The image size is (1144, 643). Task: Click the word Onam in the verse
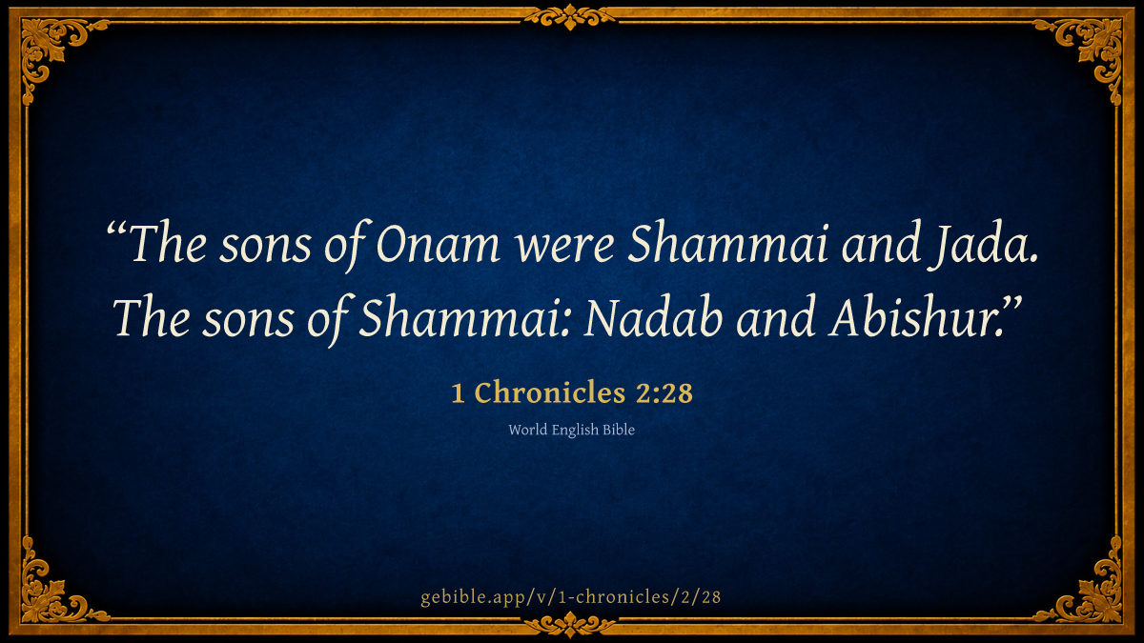[x=438, y=244]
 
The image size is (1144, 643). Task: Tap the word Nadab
[x=653, y=317]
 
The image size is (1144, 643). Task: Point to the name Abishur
[x=913, y=316]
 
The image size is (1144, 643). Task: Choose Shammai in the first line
[x=727, y=243]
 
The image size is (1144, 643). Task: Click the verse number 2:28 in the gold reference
[x=664, y=392]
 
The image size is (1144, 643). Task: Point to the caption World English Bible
[x=571, y=430]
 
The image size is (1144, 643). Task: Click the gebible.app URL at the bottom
[x=571, y=597]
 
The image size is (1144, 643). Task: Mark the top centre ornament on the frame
[x=570, y=17]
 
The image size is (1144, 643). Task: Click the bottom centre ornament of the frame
[x=570, y=625]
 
